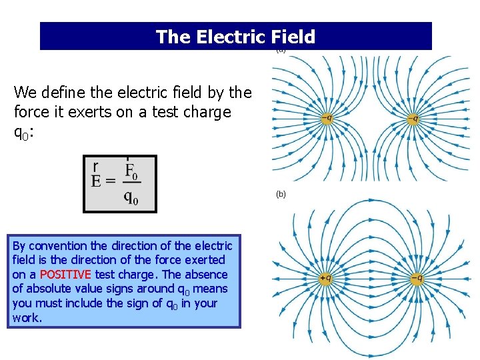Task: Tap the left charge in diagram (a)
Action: (325, 119)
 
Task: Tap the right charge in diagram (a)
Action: (414, 119)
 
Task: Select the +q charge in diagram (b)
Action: (325, 278)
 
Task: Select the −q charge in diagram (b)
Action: (415, 278)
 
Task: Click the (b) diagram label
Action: (281, 194)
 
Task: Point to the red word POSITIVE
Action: (65, 275)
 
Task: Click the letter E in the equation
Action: (96, 181)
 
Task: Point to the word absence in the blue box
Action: (207, 275)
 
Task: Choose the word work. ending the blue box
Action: (27, 318)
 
